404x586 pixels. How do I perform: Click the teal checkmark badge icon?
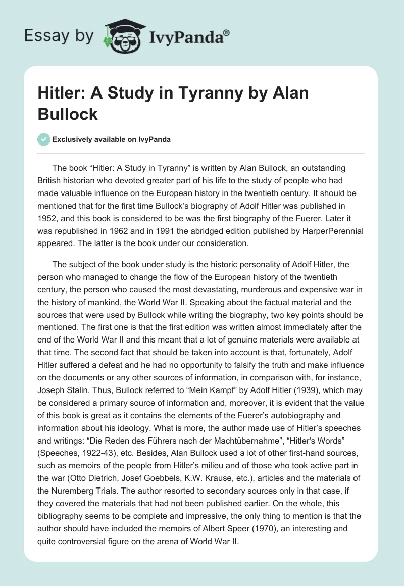44,139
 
